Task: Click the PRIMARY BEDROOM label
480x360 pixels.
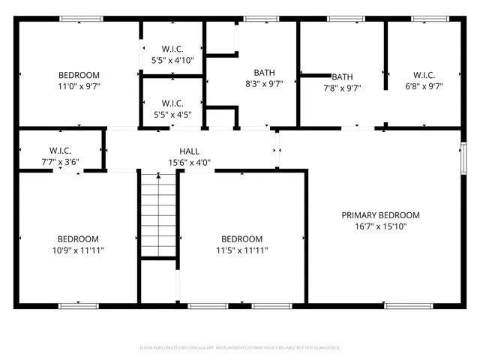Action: [x=380, y=215]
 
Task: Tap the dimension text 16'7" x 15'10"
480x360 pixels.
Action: [x=380, y=226]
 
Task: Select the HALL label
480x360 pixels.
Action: [x=189, y=151]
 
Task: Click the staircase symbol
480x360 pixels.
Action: [x=157, y=214]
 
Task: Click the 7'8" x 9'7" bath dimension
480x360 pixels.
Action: [x=342, y=87]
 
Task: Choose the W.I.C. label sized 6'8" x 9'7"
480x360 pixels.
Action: [x=424, y=75]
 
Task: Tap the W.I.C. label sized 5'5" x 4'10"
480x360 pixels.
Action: [x=172, y=49]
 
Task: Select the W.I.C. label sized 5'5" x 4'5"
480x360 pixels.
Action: [x=172, y=103]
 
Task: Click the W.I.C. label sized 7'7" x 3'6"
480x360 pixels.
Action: [x=60, y=150]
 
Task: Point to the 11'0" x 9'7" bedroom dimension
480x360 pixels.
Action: [x=79, y=86]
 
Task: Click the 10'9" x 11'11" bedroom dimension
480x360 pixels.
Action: [x=78, y=250]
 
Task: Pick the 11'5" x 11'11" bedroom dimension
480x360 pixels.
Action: [x=242, y=250]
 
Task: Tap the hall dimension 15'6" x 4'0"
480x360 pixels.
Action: [x=189, y=162]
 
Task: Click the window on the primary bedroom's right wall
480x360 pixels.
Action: [x=463, y=158]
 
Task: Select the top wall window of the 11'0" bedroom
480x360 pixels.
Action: [x=81, y=19]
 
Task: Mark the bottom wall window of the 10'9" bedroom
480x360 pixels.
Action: [x=79, y=305]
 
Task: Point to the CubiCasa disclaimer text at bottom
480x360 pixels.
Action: [x=240, y=348]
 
